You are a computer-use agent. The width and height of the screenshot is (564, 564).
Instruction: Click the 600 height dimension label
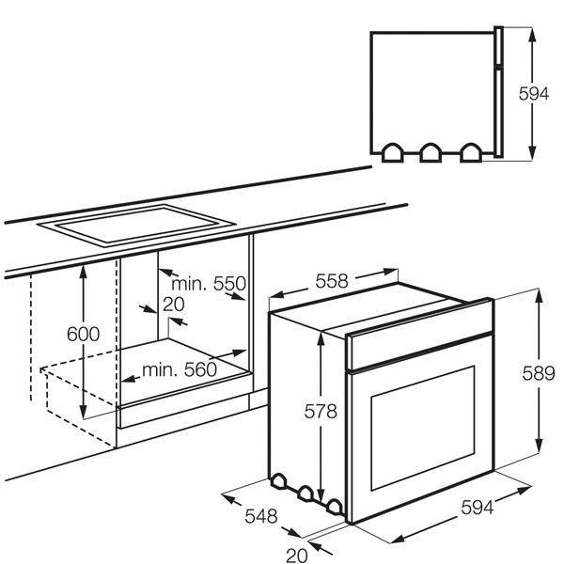tap(83, 334)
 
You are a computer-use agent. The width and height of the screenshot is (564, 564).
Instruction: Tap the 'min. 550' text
tap(209, 284)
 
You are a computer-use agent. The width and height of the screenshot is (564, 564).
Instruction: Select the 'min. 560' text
tap(180, 369)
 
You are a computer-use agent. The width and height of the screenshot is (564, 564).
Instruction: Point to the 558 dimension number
tap(332, 281)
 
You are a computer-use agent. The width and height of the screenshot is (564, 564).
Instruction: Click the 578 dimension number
tap(321, 411)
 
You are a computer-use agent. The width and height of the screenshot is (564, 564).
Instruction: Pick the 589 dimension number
tap(539, 373)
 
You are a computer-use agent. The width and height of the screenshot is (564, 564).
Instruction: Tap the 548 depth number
tap(261, 516)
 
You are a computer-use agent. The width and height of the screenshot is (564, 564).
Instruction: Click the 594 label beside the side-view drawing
tap(534, 94)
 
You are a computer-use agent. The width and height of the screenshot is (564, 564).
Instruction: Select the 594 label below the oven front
tap(478, 508)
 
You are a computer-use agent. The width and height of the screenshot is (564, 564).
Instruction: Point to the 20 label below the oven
tap(297, 555)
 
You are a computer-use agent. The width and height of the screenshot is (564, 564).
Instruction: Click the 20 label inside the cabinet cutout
tap(174, 305)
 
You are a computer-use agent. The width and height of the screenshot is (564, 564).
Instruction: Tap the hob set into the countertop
tap(136, 226)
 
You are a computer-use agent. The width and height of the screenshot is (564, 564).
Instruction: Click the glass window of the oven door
tap(423, 428)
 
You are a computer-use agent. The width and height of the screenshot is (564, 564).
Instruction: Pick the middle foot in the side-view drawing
tap(431, 153)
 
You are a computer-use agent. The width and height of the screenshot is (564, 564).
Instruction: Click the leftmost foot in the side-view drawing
tap(392, 153)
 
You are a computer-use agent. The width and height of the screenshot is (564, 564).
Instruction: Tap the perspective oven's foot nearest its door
tap(335, 507)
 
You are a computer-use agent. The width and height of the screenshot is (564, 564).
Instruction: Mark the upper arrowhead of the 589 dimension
tap(539, 296)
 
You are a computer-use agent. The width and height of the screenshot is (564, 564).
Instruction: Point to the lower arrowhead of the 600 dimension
tap(84, 412)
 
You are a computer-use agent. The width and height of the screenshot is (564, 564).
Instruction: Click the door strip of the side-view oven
tap(498, 92)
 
